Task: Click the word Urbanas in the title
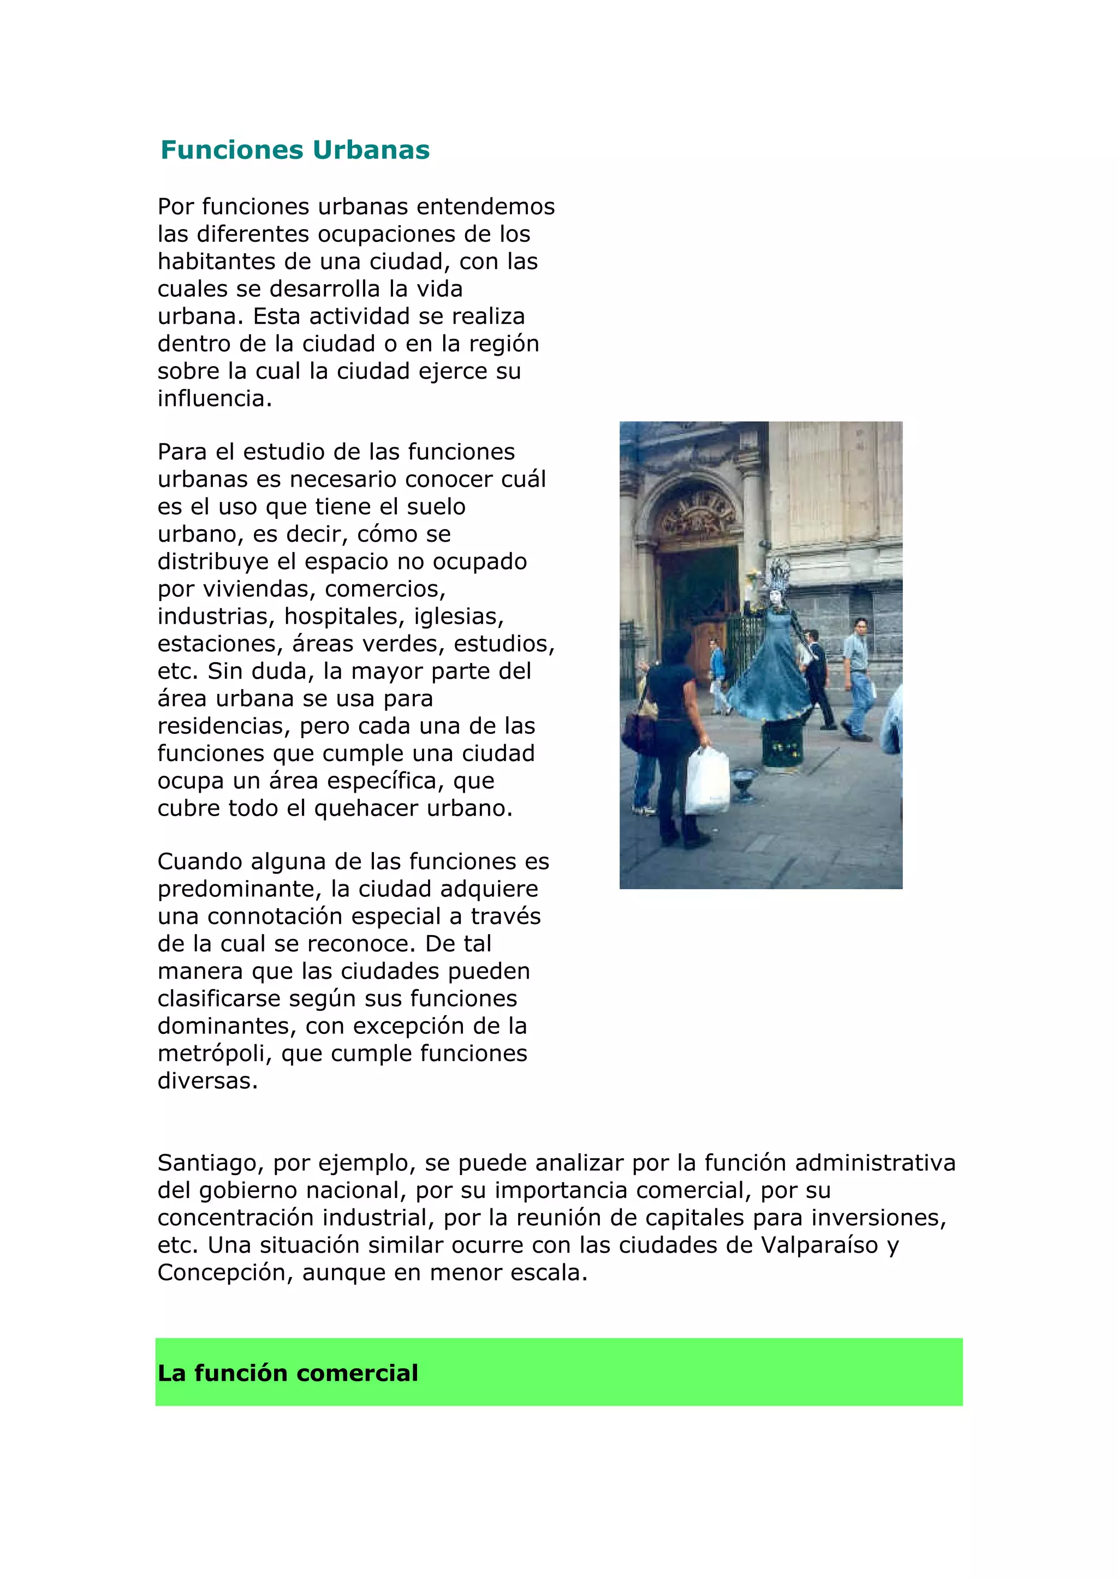click(371, 150)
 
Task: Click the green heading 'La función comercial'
click(288, 1373)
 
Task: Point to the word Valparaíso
click(820, 1245)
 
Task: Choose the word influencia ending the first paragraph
click(214, 399)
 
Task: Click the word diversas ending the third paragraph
click(207, 1081)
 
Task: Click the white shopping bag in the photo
click(707, 782)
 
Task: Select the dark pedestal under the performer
click(782, 744)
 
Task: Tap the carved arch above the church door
click(695, 513)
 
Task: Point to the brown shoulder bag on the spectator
click(638, 730)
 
